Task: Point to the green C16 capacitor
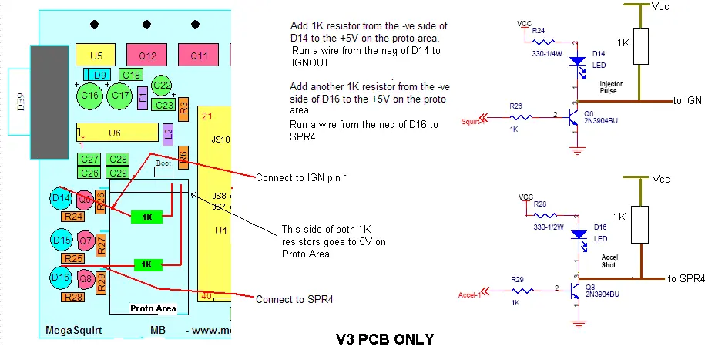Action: (x=90, y=96)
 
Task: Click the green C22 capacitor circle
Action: (x=162, y=86)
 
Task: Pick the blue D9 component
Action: (x=97, y=74)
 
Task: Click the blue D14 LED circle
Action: (x=62, y=199)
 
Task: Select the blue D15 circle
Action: (x=62, y=241)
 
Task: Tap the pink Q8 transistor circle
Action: (x=86, y=278)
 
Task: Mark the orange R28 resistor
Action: (x=74, y=297)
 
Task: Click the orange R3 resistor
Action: (x=183, y=107)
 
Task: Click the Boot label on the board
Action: (x=163, y=163)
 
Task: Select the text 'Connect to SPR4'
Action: (x=294, y=298)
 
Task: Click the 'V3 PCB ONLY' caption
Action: (x=384, y=338)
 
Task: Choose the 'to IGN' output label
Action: (x=686, y=100)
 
